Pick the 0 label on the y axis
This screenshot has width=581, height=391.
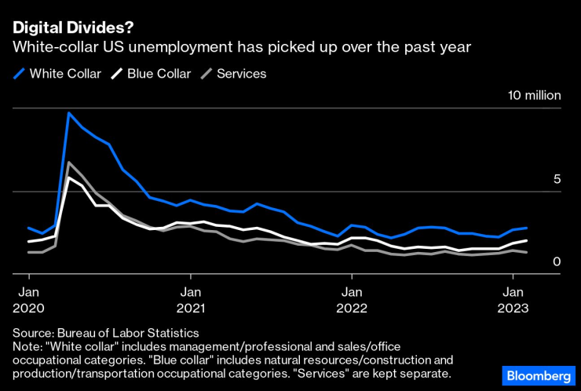557,261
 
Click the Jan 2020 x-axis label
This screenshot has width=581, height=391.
29,298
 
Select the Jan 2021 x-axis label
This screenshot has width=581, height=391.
190,298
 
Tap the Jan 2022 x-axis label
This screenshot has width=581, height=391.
352,298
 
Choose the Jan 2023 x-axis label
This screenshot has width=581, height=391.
513,298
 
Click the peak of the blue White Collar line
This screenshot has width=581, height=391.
69,113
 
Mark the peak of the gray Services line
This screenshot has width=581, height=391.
69,163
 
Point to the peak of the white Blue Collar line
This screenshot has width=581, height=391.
69,177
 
